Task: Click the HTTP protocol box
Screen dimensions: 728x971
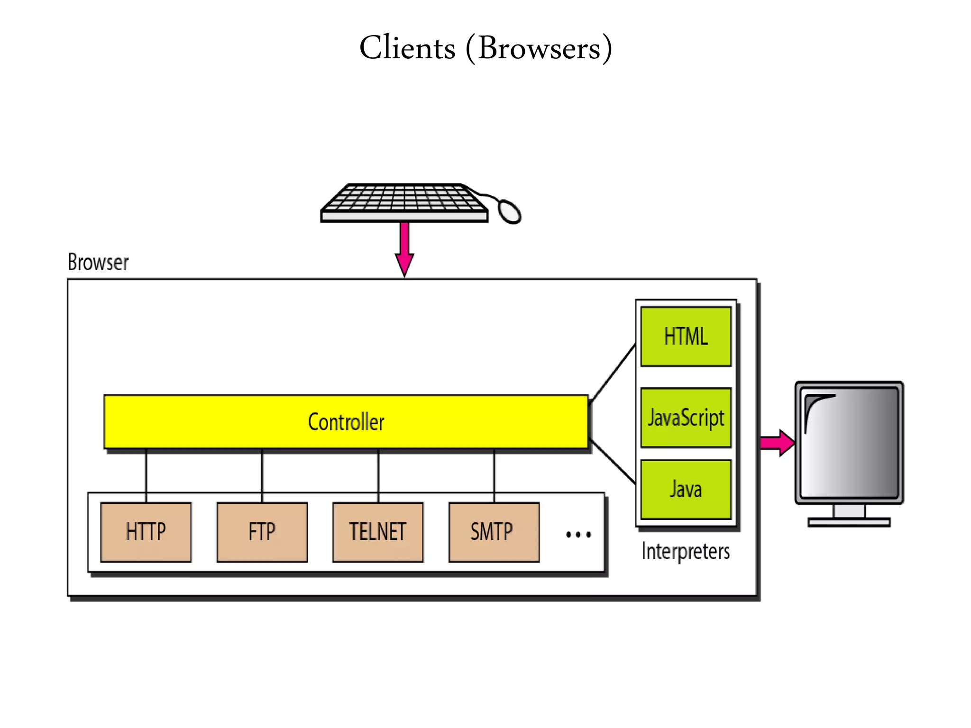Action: click(x=146, y=532)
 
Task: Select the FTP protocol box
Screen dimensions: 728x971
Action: click(x=262, y=532)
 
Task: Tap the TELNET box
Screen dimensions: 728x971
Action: click(x=378, y=532)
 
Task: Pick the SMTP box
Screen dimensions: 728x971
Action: click(x=494, y=532)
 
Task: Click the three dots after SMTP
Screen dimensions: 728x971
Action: click(x=578, y=535)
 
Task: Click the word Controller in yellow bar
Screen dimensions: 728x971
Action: click(x=346, y=422)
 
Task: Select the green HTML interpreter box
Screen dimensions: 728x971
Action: click(x=686, y=337)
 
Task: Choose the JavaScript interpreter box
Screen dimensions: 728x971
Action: click(x=686, y=418)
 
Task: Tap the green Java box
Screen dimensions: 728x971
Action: click(x=686, y=489)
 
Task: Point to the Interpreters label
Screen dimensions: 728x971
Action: click(x=686, y=551)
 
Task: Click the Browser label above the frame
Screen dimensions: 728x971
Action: click(x=98, y=262)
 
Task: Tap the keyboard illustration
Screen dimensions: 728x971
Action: click(x=404, y=203)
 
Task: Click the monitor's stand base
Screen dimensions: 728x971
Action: click(x=849, y=522)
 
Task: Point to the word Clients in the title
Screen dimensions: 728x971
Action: click(x=407, y=48)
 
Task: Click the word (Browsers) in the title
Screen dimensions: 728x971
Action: click(x=539, y=48)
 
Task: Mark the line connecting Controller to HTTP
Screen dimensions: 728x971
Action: click(x=146, y=475)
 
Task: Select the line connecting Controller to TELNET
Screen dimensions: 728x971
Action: click(x=378, y=475)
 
